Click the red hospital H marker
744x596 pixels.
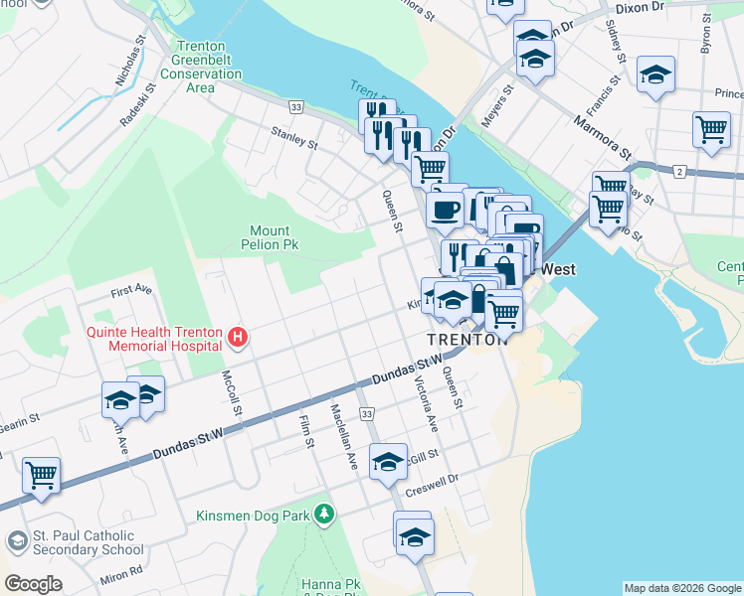coord(238,339)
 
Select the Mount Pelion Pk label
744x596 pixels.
coord(269,237)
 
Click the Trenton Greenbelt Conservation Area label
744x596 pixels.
coord(200,67)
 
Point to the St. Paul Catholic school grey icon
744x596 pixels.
coord(17,541)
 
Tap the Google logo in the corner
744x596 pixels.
coord(33,584)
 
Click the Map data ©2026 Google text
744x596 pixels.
coord(682,588)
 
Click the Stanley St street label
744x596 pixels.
coord(293,137)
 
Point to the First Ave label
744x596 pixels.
coord(131,291)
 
